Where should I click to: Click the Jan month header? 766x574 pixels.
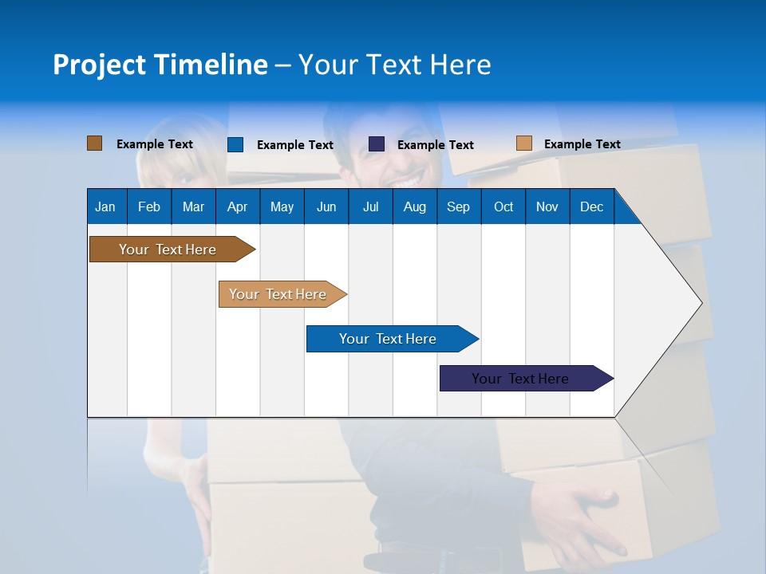(105, 206)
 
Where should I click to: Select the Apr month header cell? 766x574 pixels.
(237, 206)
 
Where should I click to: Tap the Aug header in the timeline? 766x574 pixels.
(414, 206)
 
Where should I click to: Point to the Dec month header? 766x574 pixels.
(591, 206)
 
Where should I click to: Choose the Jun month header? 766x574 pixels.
(326, 206)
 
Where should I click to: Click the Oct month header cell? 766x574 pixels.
(503, 206)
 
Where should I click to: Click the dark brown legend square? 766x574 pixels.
(94, 143)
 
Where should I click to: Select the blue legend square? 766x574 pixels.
(235, 144)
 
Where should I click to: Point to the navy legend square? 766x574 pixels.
(377, 144)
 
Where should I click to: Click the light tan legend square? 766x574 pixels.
(523, 143)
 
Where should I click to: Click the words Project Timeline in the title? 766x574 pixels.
(160, 65)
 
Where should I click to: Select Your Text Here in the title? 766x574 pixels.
(395, 65)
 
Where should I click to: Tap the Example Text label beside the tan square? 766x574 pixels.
(582, 144)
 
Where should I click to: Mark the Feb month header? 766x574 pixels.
(149, 206)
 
